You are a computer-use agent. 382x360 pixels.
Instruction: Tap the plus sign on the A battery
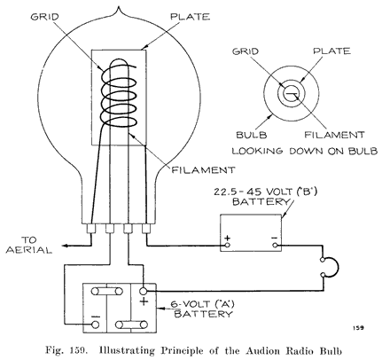tap(144, 302)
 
